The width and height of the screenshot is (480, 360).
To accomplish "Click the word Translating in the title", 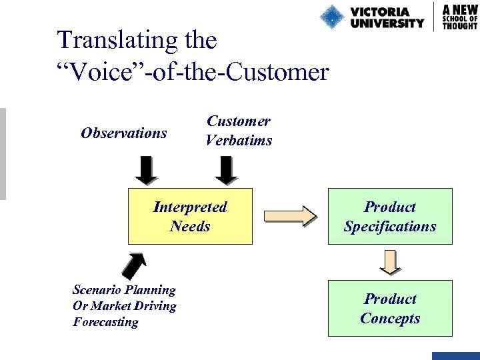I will pyautogui.click(x=118, y=40).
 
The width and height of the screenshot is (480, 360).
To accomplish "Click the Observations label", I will pyautogui.click(x=123, y=133).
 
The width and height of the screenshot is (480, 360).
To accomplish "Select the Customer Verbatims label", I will pyautogui.click(x=239, y=131).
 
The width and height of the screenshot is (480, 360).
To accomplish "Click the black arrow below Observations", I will pyautogui.click(x=146, y=170).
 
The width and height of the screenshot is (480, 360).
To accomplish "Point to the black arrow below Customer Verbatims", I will pyautogui.click(x=227, y=170).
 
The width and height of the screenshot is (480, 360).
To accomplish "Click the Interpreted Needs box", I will pyautogui.click(x=190, y=217).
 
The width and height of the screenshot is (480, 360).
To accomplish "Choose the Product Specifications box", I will pyautogui.click(x=390, y=217).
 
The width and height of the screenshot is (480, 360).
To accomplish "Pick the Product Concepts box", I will pyautogui.click(x=390, y=308).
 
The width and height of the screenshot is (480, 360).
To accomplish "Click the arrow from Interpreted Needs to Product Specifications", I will pyautogui.click(x=290, y=217).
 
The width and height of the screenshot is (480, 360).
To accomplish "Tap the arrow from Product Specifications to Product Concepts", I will pyautogui.click(x=391, y=262).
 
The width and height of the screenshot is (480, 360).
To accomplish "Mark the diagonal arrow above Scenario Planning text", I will pyautogui.click(x=135, y=264).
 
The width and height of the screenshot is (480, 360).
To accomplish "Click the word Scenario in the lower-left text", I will pyautogui.click(x=100, y=290).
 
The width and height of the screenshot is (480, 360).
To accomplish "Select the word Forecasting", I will pyautogui.click(x=105, y=322).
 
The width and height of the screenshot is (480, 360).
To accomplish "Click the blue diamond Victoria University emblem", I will pyautogui.click(x=331, y=17).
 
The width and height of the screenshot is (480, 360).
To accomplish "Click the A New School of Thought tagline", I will pyautogui.click(x=460, y=16).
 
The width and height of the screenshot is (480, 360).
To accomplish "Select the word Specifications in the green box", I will pyautogui.click(x=390, y=227).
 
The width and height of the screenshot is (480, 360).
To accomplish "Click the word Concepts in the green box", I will pyautogui.click(x=390, y=318).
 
